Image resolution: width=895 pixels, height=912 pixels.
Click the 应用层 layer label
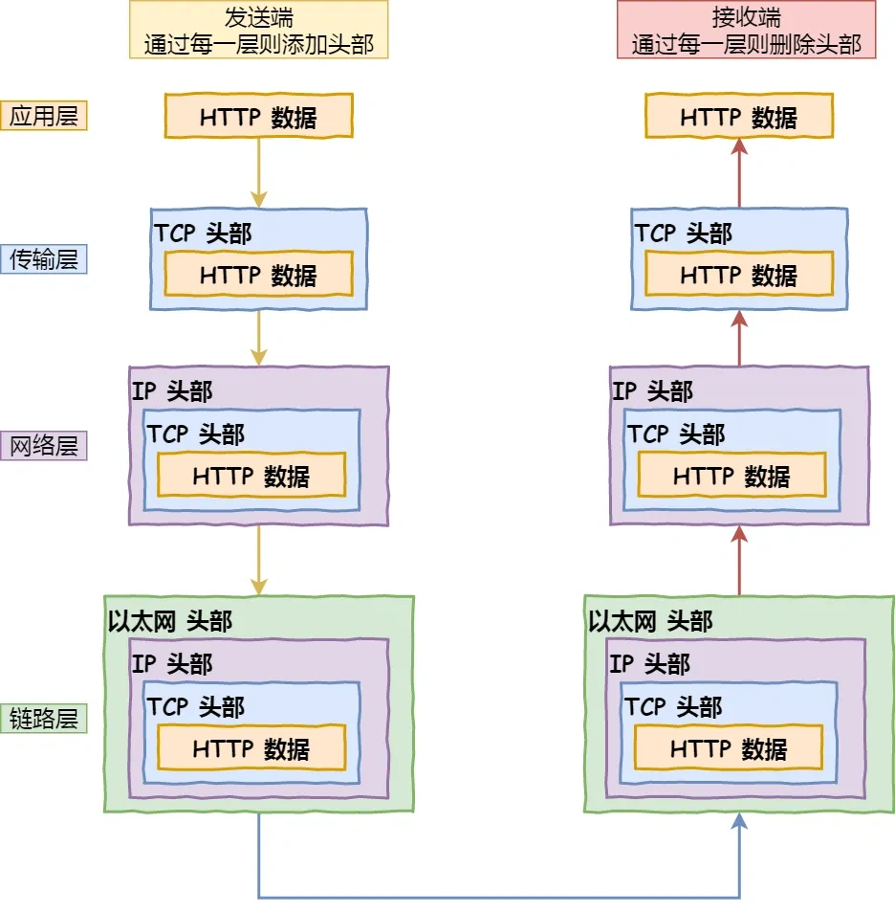pyautogui.click(x=44, y=116)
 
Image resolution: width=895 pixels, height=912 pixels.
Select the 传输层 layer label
pyautogui.click(x=44, y=258)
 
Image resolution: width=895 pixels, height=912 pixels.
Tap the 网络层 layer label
pyautogui.click(x=44, y=445)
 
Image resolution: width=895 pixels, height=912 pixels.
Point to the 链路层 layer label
pyautogui.click(x=44, y=718)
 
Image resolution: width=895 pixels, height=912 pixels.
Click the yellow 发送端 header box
pyautogui.click(x=259, y=30)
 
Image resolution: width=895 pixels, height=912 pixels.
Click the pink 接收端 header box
pyautogui.click(x=746, y=30)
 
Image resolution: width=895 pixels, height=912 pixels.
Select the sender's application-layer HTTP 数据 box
pyautogui.click(x=259, y=116)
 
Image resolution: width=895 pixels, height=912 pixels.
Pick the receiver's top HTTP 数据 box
pyautogui.click(x=739, y=116)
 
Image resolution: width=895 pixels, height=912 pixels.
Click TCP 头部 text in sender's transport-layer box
pyautogui.click(x=204, y=234)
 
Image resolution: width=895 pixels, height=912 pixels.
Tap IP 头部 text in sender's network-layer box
pyautogui.click(x=172, y=390)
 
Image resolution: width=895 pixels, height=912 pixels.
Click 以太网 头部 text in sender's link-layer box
pyautogui.click(x=170, y=621)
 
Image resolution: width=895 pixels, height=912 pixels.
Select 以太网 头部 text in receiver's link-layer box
pyautogui.click(x=651, y=621)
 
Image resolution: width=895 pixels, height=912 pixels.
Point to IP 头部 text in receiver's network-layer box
pyautogui.click(x=653, y=390)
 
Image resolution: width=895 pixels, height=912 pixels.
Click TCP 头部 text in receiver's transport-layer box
pyautogui.click(x=684, y=234)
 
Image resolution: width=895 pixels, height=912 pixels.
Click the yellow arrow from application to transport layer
pyautogui.click(x=259, y=172)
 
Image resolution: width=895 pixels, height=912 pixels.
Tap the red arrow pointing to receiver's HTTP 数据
pyautogui.click(x=739, y=172)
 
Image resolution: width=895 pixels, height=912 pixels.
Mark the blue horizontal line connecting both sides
pyautogui.click(x=497, y=897)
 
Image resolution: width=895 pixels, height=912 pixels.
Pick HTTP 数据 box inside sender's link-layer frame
pyautogui.click(x=251, y=748)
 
